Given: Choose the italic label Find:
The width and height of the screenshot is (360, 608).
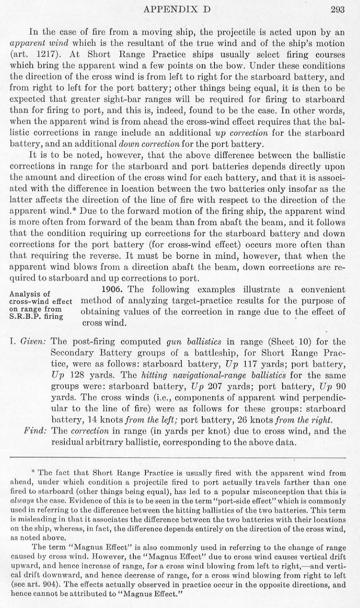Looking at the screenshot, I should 35,428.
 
